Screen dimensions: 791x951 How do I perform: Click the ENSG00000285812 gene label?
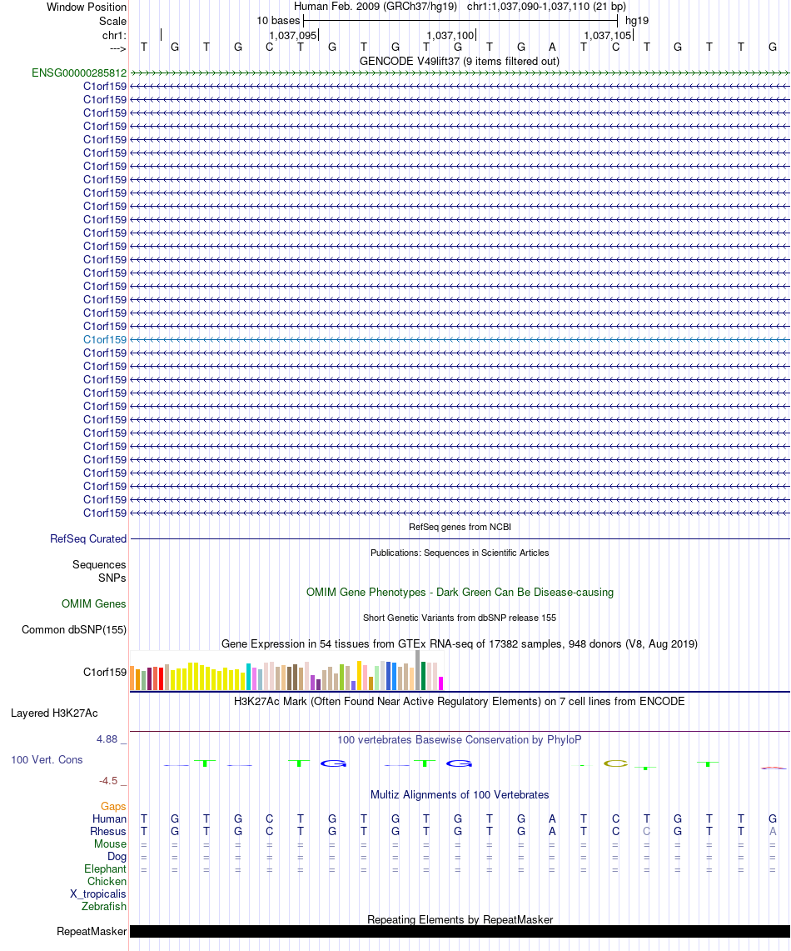click(79, 73)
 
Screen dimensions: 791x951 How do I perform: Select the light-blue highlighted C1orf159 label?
click(105, 340)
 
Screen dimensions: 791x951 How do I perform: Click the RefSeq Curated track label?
click(88, 538)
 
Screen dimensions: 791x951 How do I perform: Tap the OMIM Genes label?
click(94, 603)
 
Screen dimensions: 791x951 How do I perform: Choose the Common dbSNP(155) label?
click(74, 629)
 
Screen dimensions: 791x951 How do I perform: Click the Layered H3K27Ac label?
click(54, 713)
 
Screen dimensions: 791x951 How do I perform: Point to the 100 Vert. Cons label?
click(47, 760)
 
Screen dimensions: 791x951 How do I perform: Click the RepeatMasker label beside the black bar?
click(92, 932)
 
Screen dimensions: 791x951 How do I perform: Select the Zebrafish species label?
click(104, 907)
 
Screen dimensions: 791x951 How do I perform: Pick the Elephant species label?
click(106, 869)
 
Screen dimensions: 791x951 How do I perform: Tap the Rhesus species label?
click(107, 832)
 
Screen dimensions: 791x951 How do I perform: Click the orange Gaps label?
click(113, 807)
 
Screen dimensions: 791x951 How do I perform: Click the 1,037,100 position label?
click(450, 36)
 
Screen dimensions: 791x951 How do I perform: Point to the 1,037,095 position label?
click(292, 36)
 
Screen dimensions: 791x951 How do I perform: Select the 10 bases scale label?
click(278, 21)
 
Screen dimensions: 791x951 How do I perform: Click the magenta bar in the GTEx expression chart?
click(441, 683)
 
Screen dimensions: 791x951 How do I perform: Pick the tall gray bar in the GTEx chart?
click(418, 670)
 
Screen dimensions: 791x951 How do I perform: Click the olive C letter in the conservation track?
click(615, 763)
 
